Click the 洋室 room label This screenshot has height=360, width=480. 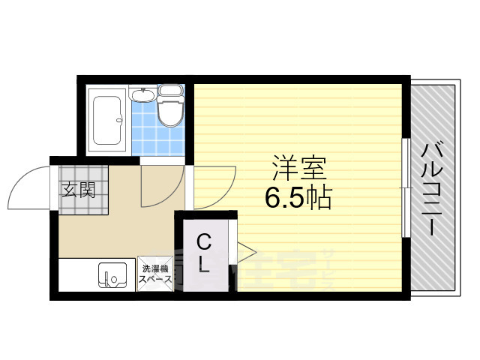[x=298, y=165]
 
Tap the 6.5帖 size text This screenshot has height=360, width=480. [x=297, y=196]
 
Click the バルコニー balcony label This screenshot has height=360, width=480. [x=431, y=189]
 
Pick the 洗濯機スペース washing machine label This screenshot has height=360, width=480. [x=156, y=274]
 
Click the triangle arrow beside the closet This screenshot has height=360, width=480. [x=245, y=249]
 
